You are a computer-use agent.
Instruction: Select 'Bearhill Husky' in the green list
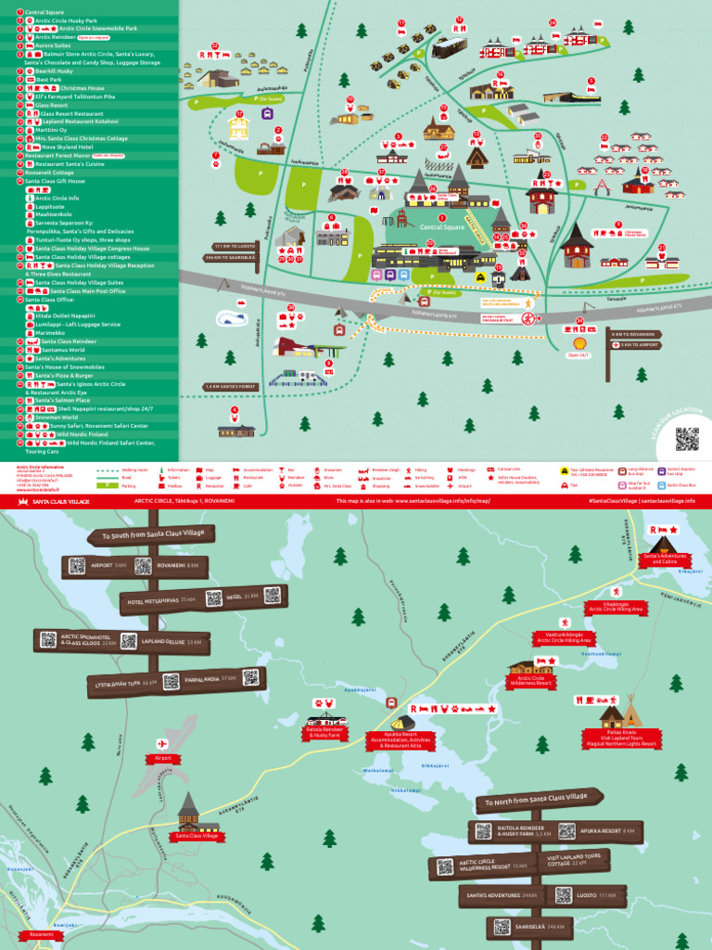[54, 71]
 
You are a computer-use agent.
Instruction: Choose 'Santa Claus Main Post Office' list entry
[91, 291]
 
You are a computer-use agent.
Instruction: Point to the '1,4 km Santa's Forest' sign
[229, 386]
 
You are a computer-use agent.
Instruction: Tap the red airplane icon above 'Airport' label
[162, 743]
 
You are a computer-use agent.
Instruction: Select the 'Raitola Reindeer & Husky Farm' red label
[325, 732]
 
